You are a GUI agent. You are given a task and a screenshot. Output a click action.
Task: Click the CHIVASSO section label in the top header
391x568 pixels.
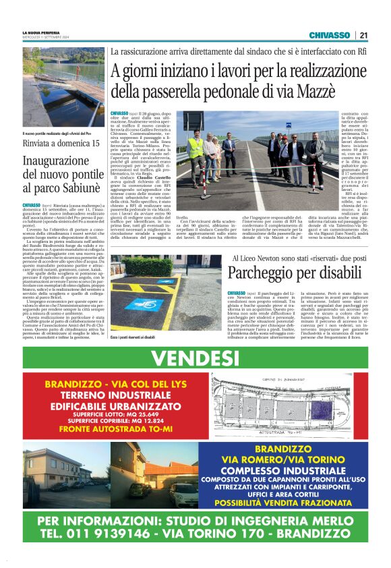coord(329,35)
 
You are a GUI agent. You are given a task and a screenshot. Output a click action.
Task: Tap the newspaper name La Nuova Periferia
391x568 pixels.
coord(42,32)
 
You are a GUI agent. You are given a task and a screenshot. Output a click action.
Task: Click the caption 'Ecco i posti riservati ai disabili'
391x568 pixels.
coord(134,336)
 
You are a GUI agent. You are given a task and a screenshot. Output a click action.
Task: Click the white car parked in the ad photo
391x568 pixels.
coord(183,495)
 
